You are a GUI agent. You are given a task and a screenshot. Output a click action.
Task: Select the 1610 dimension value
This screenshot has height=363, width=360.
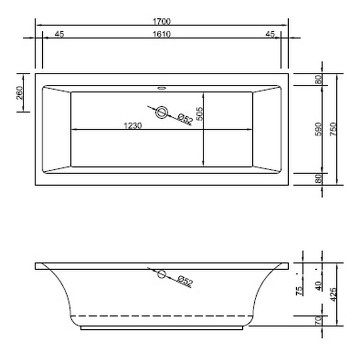(x=161, y=34)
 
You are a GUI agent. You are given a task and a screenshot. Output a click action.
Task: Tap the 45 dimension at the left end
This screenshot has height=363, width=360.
(x=59, y=34)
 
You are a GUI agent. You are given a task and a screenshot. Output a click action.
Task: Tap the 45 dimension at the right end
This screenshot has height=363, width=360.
(x=269, y=34)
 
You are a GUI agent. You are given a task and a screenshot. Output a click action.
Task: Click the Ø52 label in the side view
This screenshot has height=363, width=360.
(x=185, y=282)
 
